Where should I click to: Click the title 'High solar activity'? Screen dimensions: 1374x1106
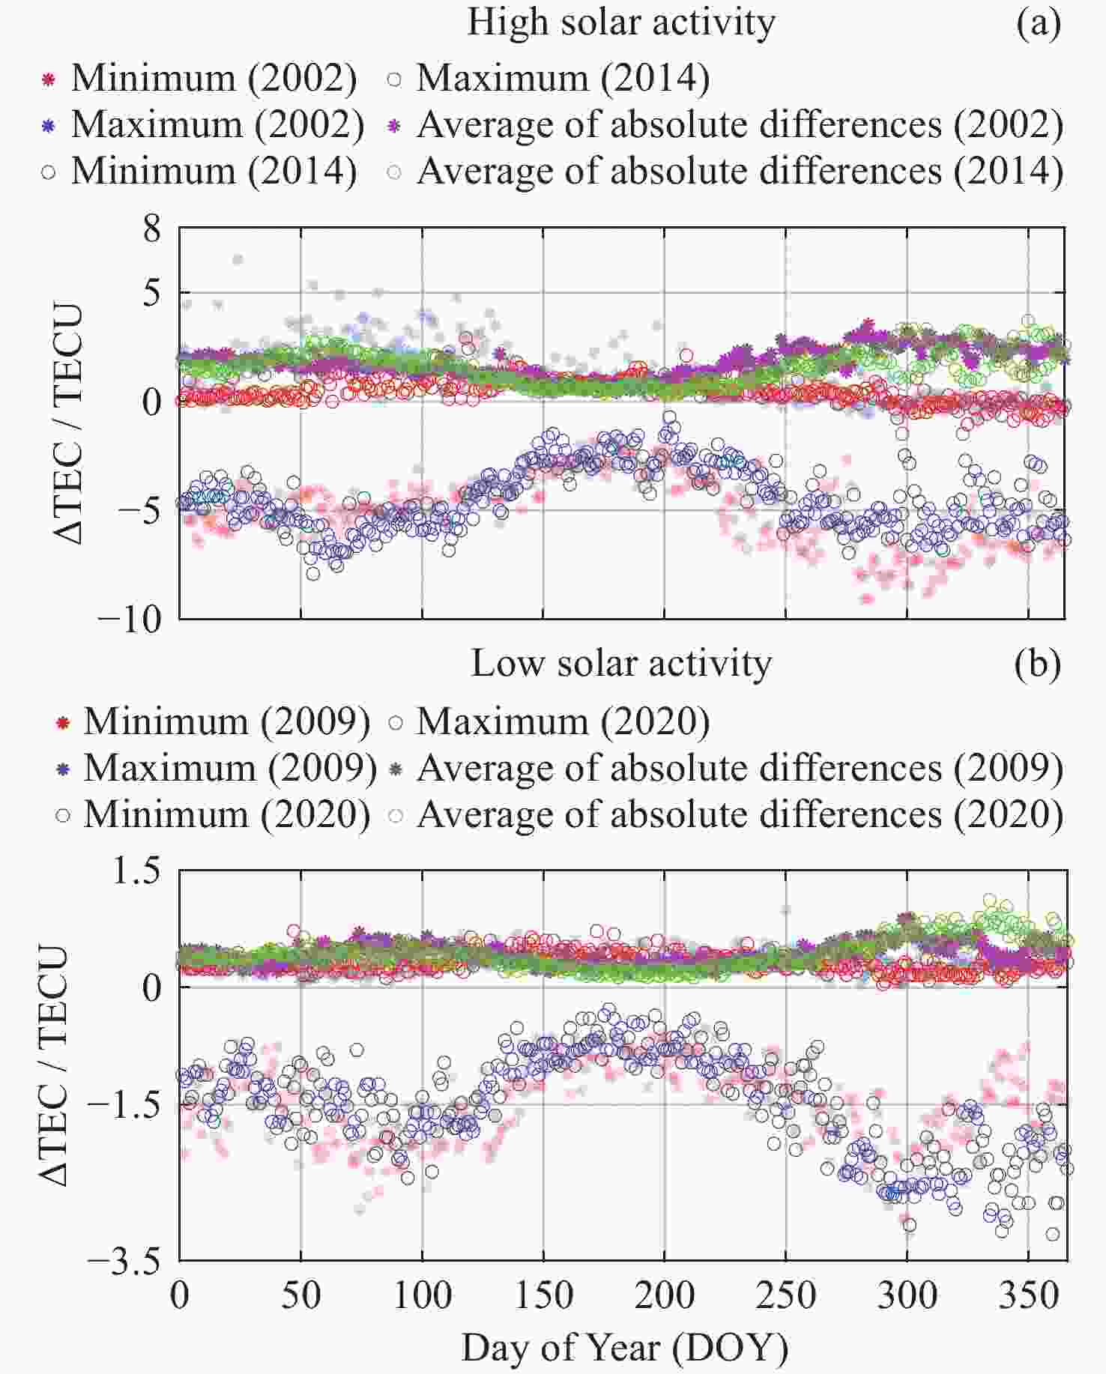pos(621,22)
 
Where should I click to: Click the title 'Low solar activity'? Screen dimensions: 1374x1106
pos(621,665)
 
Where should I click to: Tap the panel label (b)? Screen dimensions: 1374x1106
pos(1038,665)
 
